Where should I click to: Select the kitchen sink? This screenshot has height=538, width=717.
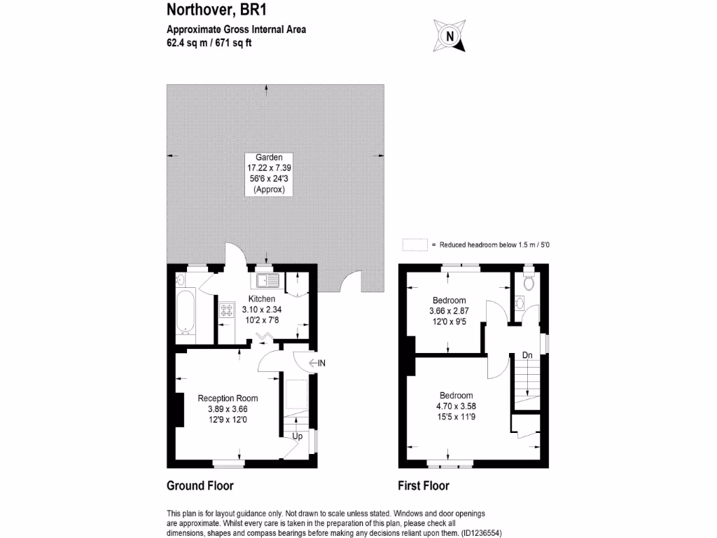[x=268, y=281]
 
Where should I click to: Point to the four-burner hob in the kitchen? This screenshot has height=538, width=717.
[x=228, y=310]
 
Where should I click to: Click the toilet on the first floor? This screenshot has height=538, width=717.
[x=529, y=281]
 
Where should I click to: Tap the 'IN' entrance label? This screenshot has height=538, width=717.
[x=322, y=363]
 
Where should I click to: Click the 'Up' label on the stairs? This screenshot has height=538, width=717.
[x=297, y=436]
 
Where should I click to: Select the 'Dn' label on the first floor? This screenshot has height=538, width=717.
[x=527, y=355]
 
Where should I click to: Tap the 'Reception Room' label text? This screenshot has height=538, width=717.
[x=223, y=399]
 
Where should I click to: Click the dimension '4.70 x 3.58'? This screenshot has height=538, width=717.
[x=456, y=405]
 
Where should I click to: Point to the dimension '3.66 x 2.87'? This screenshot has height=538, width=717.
[x=447, y=310]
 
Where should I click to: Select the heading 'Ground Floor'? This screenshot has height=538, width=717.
[x=200, y=485]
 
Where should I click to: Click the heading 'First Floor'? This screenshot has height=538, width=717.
[x=424, y=485]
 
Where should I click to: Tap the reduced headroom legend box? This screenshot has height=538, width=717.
[x=415, y=244]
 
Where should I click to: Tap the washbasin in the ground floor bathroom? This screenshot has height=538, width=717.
[x=180, y=280]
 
